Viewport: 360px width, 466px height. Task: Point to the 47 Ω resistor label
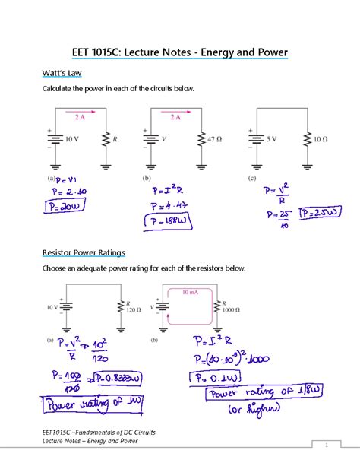click(215, 140)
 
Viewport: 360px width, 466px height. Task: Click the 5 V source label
click(277, 140)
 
